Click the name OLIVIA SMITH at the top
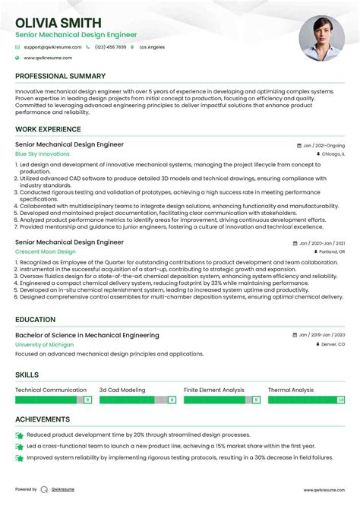[55, 21]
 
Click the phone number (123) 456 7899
[111, 47]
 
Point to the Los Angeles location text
[152, 47]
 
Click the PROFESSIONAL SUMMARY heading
[60, 77]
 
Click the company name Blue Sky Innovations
[42, 153]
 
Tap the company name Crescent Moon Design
[46, 251]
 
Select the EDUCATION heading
[35, 320]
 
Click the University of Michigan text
[44, 344]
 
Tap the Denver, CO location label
[330, 344]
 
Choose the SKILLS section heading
[28, 375]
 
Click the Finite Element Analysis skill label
[214, 390]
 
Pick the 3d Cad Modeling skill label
[122, 390]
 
